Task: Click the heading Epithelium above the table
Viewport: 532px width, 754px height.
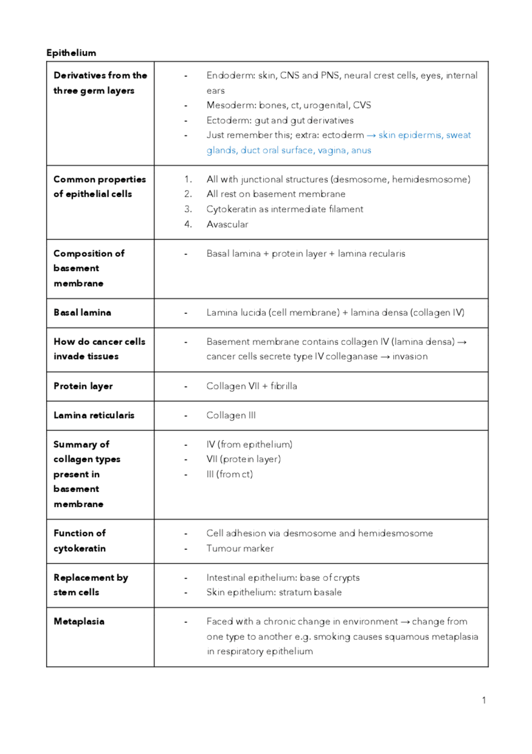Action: [71, 53]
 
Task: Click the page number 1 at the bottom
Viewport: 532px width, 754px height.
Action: [484, 700]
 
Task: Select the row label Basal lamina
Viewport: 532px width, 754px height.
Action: [82, 313]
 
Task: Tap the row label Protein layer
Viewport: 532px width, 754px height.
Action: [83, 386]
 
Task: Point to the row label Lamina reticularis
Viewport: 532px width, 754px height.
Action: [94, 415]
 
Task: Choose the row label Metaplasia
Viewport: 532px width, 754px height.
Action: [79, 621]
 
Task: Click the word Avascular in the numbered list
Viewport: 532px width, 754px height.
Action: [227, 224]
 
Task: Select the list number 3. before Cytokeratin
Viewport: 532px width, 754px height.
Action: [188, 209]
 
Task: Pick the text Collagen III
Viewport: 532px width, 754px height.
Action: [231, 415]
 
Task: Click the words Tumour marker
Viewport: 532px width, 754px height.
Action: [240, 549]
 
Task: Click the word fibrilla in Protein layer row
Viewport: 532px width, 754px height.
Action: [284, 386]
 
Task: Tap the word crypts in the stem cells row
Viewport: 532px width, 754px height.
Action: [346, 578]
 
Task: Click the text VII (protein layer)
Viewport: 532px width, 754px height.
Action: [244, 459]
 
